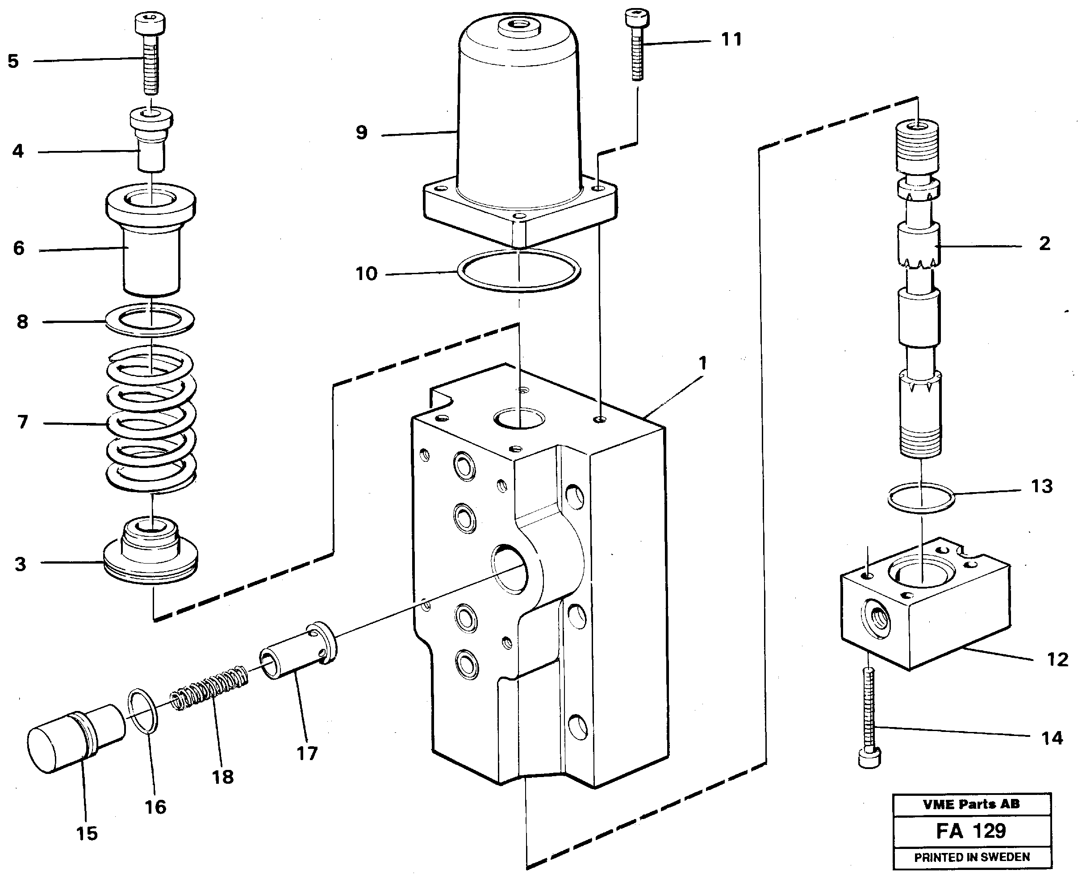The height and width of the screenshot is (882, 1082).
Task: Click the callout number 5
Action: [x=13, y=61]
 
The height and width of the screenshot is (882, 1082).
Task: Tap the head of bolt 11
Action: [x=636, y=18]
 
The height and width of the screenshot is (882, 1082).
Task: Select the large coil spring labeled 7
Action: [x=151, y=419]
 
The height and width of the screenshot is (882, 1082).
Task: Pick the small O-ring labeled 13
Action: [x=920, y=498]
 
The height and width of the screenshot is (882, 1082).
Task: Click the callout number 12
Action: [x=1057, y=660]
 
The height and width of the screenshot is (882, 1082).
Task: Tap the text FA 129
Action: [x=971, y=831]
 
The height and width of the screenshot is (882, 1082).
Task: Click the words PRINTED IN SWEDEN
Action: [x=972, y=857]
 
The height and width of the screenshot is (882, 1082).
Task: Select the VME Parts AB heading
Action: [x=971, y=804]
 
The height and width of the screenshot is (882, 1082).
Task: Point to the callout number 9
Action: [x=361, y=133]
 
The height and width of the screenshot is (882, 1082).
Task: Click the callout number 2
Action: [x=1044, y=244]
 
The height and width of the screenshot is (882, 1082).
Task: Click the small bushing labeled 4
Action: [x=151, y=140]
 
